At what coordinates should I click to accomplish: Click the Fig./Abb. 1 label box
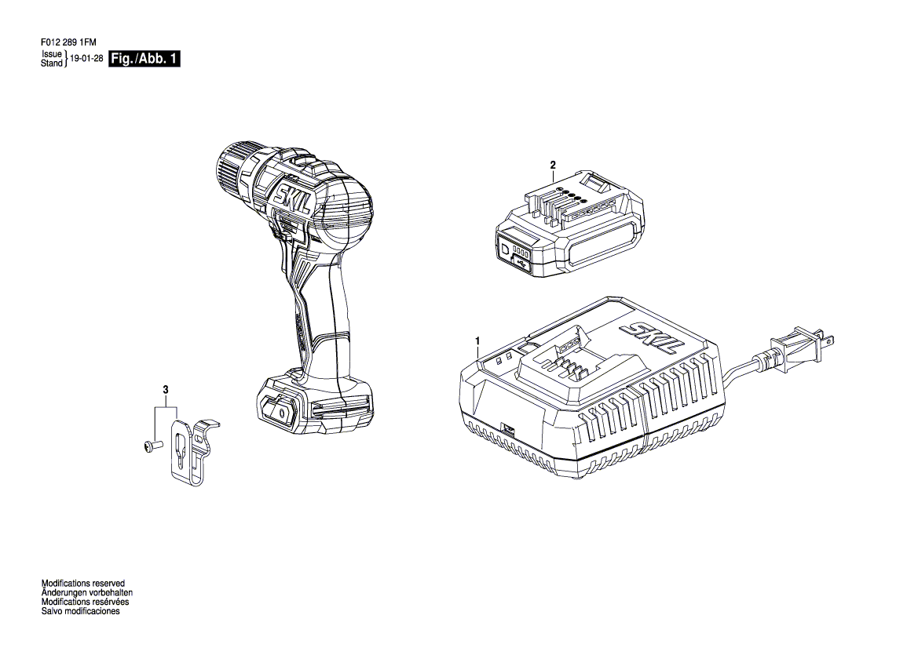click(x=144, y=59)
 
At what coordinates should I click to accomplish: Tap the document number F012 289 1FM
click(x=68, y=42)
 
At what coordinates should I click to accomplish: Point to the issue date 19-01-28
click(x=86, y=59)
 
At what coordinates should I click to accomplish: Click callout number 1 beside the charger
click(x=477, y=340)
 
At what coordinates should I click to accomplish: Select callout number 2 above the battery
click(x=554, y=166)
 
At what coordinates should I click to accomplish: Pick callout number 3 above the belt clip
click(x=166, y=389)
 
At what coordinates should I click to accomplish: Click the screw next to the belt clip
click(x=150, y=446)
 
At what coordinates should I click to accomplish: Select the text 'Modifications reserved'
click(x=83, y=583)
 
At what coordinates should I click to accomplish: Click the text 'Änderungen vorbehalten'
click(x=86, y=592)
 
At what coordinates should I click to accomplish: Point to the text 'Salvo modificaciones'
click(x=80, y=611)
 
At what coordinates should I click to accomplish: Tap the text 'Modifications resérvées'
click(x=85, y=602)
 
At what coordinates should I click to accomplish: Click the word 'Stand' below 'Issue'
click(x=52, y=64)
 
